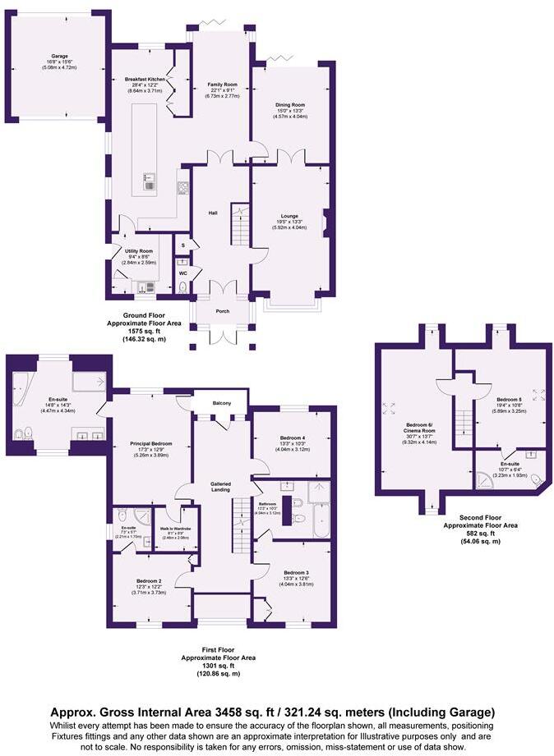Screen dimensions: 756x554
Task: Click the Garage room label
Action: pos(56,57)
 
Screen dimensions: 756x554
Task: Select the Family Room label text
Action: pos(222,85)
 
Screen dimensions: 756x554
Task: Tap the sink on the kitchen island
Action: pos(150,180)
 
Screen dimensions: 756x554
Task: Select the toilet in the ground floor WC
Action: pos(182,287)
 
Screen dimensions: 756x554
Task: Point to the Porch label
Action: pos(221,311)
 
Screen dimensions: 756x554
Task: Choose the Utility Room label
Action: pos(138,251)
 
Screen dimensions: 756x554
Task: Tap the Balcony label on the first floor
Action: pos(222,403)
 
